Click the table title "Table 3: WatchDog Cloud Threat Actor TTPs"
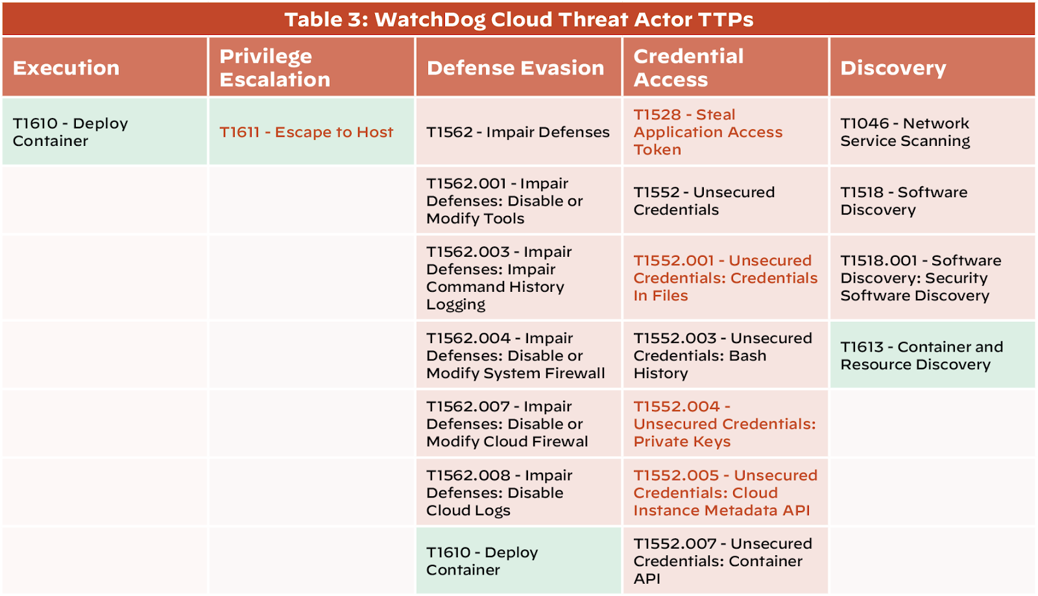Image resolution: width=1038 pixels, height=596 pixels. coord(518,19)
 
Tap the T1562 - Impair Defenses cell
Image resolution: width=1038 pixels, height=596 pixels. coord(518,132)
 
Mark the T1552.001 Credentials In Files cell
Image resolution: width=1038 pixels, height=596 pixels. coord(725,278)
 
